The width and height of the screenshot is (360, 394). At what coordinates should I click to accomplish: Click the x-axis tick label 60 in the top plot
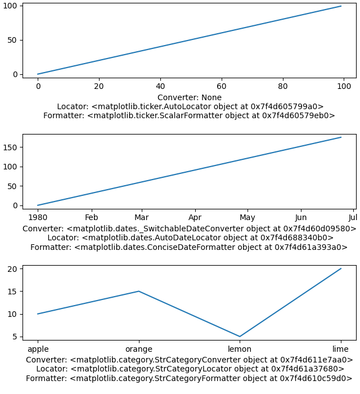pyautogui.click(x=222, y=86)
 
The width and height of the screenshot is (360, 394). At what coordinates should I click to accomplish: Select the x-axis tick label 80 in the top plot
pyautogui.click(x=283, y=86)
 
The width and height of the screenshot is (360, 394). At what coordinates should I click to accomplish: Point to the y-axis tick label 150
pyautogui.click(x=10, y=147)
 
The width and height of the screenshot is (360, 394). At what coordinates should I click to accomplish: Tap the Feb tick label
pyautogui.click(x=91, y=217)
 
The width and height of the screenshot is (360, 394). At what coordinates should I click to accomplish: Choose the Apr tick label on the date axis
pyautogui.click(x=195, y=217)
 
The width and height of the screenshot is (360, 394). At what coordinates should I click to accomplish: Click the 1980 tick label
pyautogui.click(x=38, y=217)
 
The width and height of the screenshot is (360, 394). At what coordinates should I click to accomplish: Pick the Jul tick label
pyautogui.click(x=353, y=217)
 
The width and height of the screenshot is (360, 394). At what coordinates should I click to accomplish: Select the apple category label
pyautogui.click(x=38, y=349)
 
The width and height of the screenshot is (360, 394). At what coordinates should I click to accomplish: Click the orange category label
pyautogui.click(x=139, y=349)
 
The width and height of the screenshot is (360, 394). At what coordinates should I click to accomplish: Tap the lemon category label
pyautogui.click(x=240, y=349)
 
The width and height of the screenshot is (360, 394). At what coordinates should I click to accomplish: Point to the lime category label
pyautogui.click(x=340, y=349)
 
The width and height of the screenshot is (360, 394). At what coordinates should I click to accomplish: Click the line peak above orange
pyautogui.click(x=139, y=291)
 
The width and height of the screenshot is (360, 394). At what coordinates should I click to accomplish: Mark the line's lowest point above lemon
pyautogui.click(x=240, y=337)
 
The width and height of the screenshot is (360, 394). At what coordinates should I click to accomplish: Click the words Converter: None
pyautogui.click(x=190, y=97)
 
